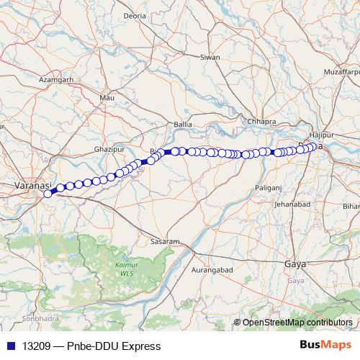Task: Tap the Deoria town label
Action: click(135, 15)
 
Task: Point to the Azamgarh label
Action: click(56, 80)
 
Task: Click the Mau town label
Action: click(107, 97)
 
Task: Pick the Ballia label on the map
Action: click(183, 124)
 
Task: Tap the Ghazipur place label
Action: click(110, 149)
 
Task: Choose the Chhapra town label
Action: click(261, 121)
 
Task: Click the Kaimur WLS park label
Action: click(126, 269)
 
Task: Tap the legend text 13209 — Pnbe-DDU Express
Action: click(91, 346)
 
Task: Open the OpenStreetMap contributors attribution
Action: click(297, 322)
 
